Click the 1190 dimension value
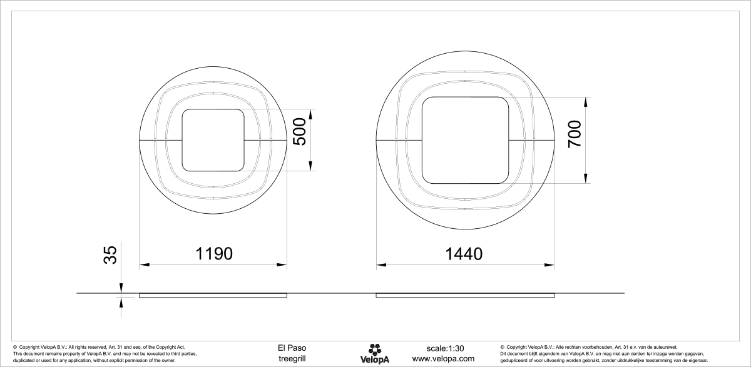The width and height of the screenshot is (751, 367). pyautogui.click(x=214, y=253)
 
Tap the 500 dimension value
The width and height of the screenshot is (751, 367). pyautogui.click(x=300, y=131)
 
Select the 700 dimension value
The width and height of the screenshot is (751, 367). pyautogui.click(x=574, y=134)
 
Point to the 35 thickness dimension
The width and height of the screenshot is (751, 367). pyautogui.click(x=110, y=256)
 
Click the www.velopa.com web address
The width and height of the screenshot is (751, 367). pyautogui.click(x=443, y=359)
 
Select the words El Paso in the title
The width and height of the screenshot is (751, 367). pyautogui.click(x=292, y=348)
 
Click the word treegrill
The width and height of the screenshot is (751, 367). pyautogui.click(x=292, y=359)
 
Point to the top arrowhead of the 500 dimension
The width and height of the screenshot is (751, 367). pyautogui.click(x=310, y=113)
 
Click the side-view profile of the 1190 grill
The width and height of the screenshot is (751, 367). pyautogui.click(x=213, y=294)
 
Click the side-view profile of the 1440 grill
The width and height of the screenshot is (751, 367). pyautogui.click(x=465, y=294)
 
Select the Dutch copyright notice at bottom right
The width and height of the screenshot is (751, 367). pyautogui.click(x=604, y=353)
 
